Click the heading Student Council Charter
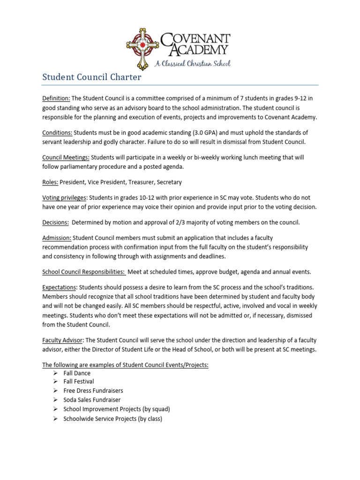[x=91, y=77]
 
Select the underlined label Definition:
[x=56, y=98]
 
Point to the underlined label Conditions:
[x=57, y=133]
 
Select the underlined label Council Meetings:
[x=66, y=158]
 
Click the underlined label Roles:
[x=50, y=182]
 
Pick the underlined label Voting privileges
[x=65, y=198]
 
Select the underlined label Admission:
[x=57, y=238]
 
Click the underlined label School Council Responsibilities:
[x=83, y=272]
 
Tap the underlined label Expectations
[x=59, y=287]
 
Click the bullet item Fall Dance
[x=77, y=373]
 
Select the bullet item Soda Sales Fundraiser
[x=92, y=400]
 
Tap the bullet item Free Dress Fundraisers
[x=93, y=391]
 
